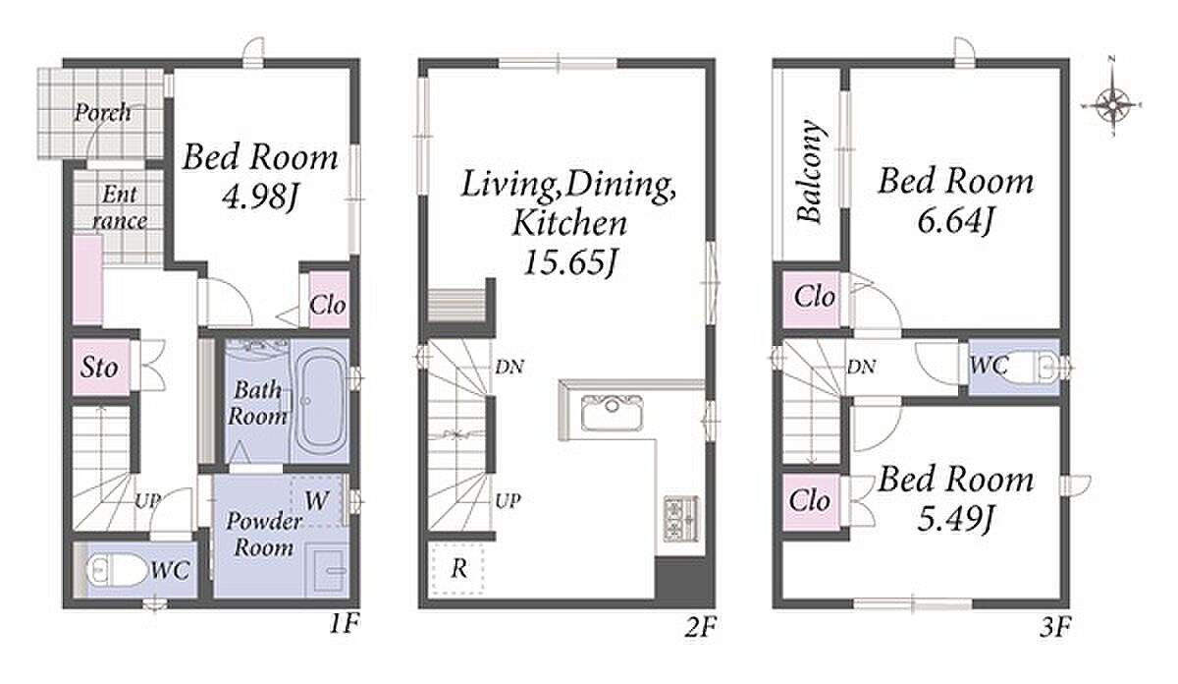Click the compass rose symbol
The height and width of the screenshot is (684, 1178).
point(1113,104)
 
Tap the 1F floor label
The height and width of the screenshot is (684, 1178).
point(345,624)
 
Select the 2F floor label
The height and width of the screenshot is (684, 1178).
point(700,627)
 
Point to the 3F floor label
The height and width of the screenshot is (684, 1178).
point(1055,627)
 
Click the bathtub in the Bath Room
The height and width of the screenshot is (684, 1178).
point(320,402)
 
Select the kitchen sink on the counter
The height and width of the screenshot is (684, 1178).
point(612,413)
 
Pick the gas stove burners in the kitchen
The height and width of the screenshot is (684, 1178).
point(680,518)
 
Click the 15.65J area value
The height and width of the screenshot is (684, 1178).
point(569,262)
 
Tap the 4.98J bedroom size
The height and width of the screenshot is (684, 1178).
point(260,198)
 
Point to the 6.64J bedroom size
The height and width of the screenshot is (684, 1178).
point(955,221)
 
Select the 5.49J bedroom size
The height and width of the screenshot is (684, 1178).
point(955,519)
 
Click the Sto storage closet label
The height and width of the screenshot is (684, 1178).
point(99,368)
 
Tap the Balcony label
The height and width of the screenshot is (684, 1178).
point(809,172)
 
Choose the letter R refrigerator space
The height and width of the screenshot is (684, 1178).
point(459,569)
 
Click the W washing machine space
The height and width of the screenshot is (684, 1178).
point(316,501)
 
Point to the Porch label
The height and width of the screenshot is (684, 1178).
point(102,112)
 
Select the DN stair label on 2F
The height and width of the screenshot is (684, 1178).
point(509,367)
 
